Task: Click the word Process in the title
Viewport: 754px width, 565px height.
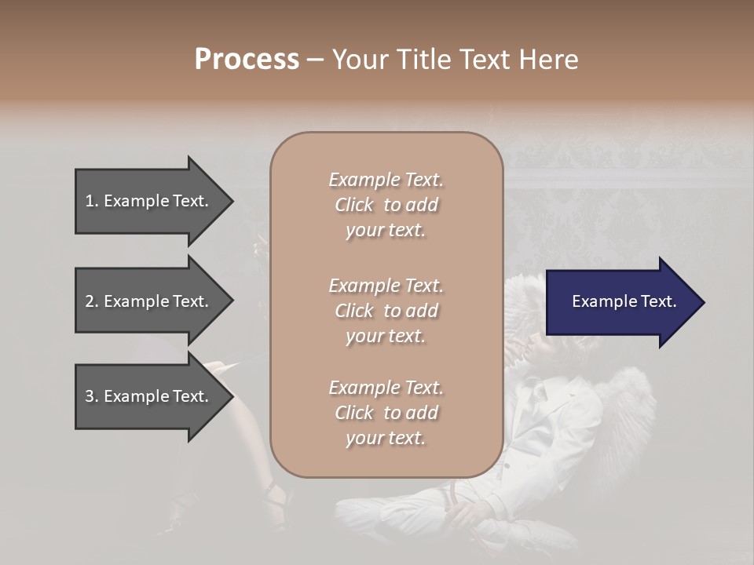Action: [x=247, y=60]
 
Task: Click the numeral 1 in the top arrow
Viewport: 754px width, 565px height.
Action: [x=90, y=201]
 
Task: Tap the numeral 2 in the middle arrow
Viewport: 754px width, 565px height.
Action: [x=90, y=301]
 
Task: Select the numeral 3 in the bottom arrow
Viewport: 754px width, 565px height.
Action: [x=90, y=396]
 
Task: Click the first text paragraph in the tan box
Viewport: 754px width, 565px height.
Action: [x=386, y=205]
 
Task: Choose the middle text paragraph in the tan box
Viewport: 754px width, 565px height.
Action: [x=386, y=311]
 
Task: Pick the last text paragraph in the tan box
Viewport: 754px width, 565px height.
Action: [x=386, y=413]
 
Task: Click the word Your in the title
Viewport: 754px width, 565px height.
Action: [x=357, y=60]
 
